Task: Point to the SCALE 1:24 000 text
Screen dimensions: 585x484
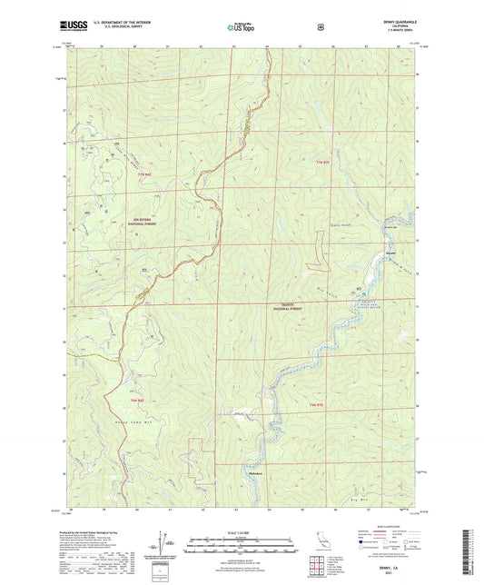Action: (242, 530)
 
